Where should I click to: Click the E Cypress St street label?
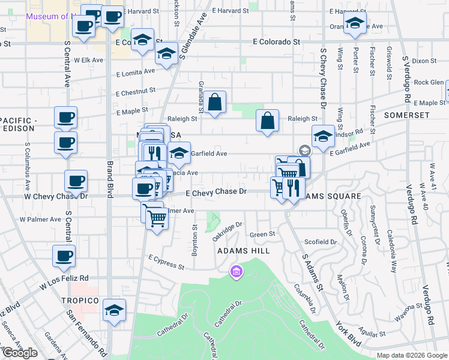pos(166,261)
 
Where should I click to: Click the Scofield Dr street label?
pos(321,242)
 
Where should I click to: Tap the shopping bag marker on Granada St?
pos(214,103)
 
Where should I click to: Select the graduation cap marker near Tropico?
pos(113,310)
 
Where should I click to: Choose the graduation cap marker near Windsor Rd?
pos(323,136)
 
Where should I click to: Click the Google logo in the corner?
pos(19,353)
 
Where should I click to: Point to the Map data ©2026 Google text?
pos(411,355)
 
